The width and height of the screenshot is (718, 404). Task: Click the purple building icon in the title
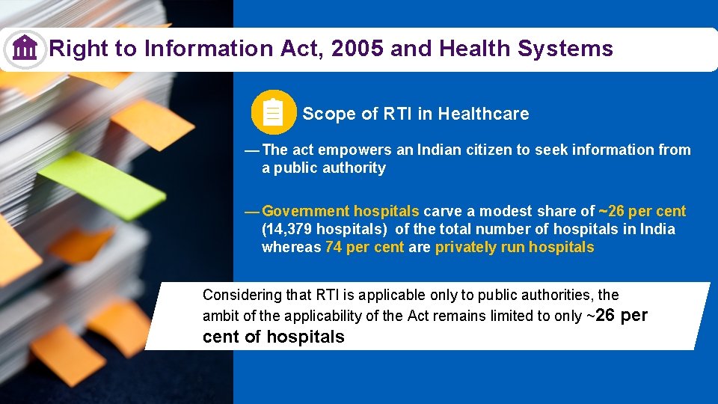[25, 49]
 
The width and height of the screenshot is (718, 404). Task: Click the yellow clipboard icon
[273, 114]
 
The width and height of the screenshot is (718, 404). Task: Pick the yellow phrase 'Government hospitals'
[340, 211]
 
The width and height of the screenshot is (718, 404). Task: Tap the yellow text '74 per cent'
[365, 247]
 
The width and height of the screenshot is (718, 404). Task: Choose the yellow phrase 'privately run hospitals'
[515, 247]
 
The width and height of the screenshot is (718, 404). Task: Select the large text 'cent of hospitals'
[273, 337]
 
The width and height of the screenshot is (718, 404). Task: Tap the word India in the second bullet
[657, 229]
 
